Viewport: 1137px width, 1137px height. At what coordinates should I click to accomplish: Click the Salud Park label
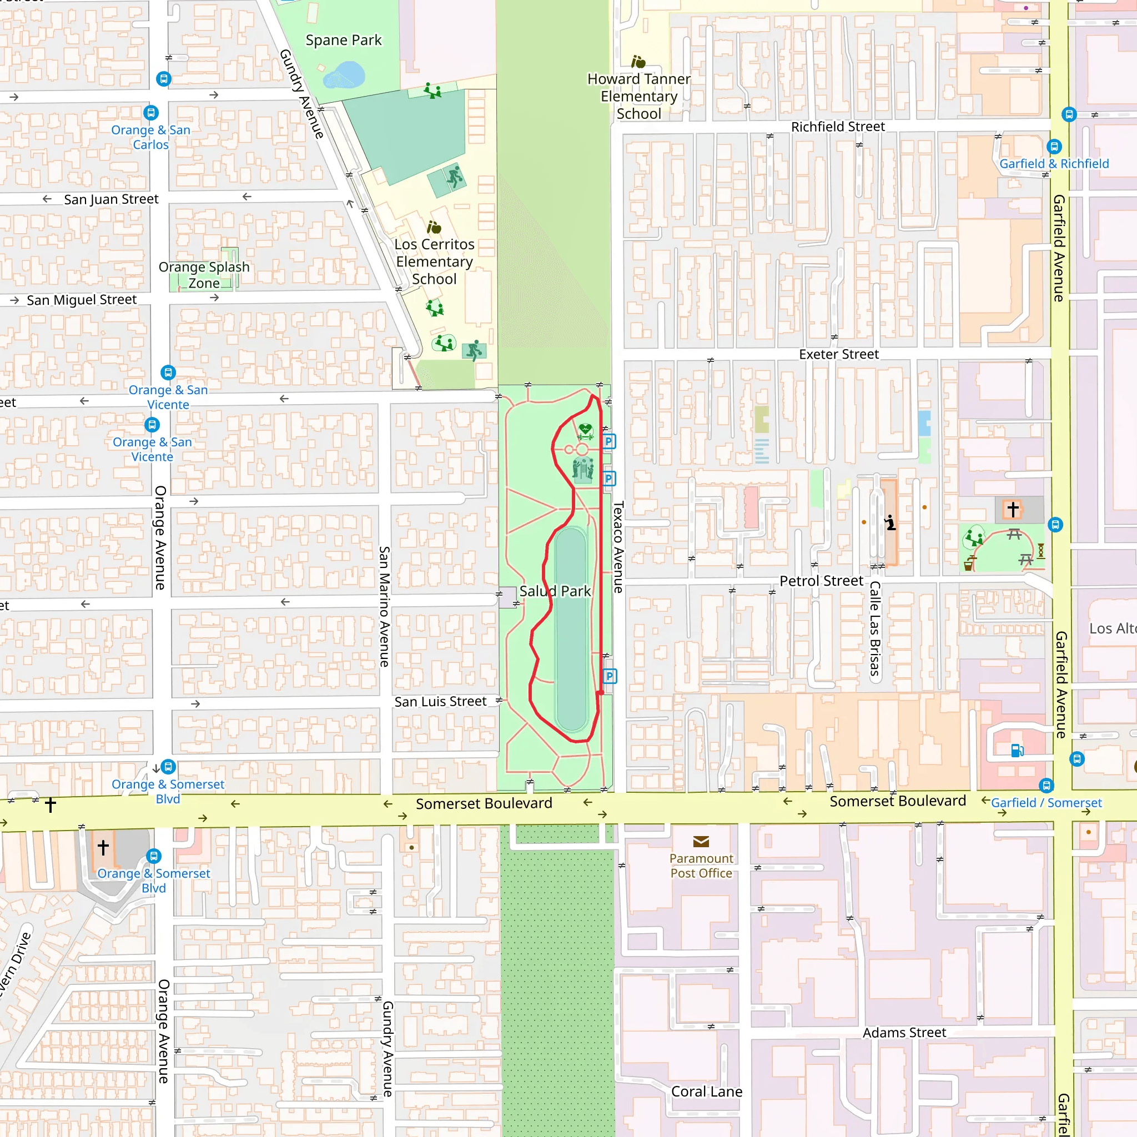(x=555, y=591)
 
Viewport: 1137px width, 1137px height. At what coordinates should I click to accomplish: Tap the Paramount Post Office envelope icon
(x=701, y=842)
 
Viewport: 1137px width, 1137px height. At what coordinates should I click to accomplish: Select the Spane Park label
(x=344, y=40)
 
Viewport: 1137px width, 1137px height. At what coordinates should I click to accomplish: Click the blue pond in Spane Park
(x=345, y=76)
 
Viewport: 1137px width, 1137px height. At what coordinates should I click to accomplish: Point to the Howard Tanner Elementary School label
(x=639, y=96)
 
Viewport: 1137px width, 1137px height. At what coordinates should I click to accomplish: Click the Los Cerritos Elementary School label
(x=434, y=261)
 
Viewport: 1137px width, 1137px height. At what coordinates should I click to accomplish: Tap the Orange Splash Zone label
(x=204, y=275)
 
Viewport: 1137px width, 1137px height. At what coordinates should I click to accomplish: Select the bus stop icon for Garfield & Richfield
(x=1054, y=147)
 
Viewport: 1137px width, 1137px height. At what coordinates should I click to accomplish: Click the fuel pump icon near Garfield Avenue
(x=1017, y=751)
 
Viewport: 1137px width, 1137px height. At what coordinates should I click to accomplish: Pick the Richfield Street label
(x=837, y=127)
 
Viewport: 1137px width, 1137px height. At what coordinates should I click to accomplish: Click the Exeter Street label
(x=839, y=354)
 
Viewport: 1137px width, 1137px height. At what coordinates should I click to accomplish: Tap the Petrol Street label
(x=821, y=581)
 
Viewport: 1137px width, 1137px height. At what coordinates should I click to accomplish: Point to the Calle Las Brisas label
(x=875, y=628)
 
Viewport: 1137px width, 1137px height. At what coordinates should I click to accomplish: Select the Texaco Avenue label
(x=618, y=547)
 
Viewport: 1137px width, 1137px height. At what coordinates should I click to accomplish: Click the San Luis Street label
(x=440, y=702)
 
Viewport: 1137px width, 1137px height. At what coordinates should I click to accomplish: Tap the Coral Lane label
(x=706, y=1091)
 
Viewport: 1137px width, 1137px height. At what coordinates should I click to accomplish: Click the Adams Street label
(x=904, y=1032)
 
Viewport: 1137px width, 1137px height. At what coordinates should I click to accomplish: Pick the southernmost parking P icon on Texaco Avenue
(x=610, y=676)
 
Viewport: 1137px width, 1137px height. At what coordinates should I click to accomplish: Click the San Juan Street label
(x=111, y=199)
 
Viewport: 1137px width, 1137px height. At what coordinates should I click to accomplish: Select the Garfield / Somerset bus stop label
(x=1046, y=803)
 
